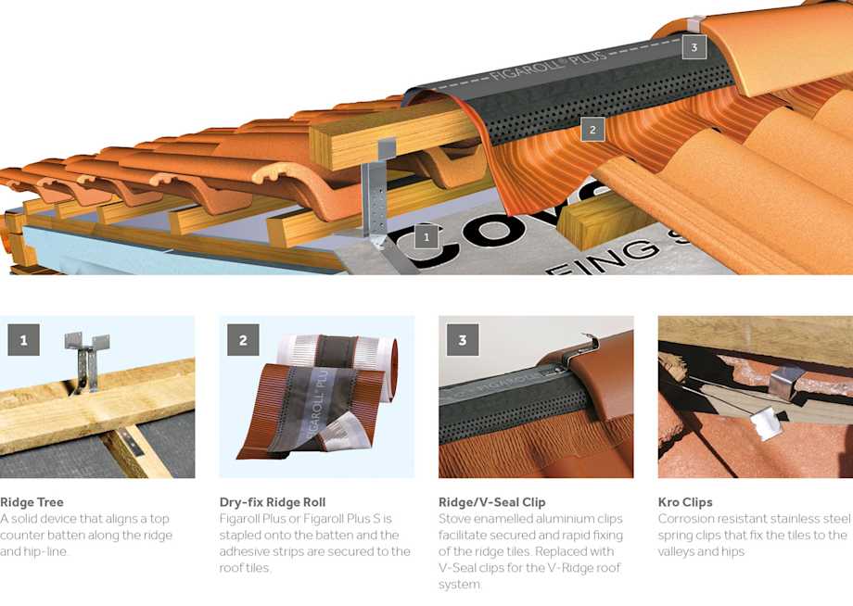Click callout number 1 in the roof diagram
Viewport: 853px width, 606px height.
tap(426, 237)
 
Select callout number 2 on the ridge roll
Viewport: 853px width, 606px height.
tap(593, 130)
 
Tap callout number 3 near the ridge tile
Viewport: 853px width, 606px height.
tap(694, 47)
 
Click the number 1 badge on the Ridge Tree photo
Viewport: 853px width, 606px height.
tap(23, 340)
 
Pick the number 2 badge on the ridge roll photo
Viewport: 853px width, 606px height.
tap(243, 340)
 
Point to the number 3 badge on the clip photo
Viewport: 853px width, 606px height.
tap(463, 340)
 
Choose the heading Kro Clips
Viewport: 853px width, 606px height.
tap(685, 502)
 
